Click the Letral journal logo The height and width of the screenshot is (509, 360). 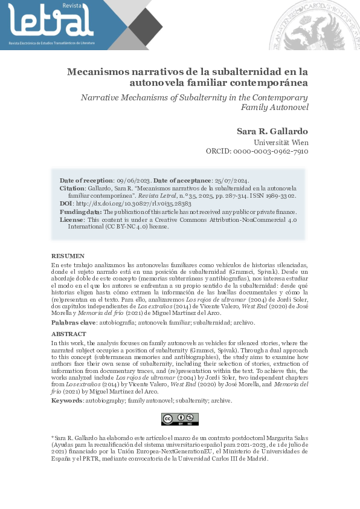point(51,23)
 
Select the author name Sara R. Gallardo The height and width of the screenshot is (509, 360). point(272,132)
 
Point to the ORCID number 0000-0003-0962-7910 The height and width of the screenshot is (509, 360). point(275,151)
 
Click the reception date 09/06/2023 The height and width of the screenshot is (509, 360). point(133,180)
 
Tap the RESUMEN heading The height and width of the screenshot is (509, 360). point(68,256)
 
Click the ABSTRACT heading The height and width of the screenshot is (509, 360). point(69,334)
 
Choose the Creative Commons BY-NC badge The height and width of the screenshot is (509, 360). point(179,419)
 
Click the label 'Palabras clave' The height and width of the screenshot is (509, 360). point(73,323)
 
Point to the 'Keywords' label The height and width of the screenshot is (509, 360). point(66,400)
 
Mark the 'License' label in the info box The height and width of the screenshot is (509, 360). point(71,219)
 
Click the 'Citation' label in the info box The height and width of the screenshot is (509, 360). point(72,188)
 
